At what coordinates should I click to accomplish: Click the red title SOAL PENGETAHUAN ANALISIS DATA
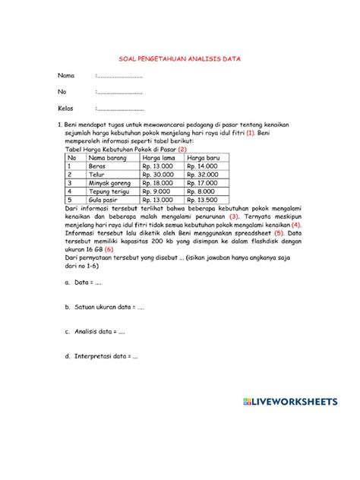(x=179, y=58)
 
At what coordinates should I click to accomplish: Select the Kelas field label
(x=67, y=109)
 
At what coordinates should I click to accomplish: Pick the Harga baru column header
(x=203, y=157)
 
